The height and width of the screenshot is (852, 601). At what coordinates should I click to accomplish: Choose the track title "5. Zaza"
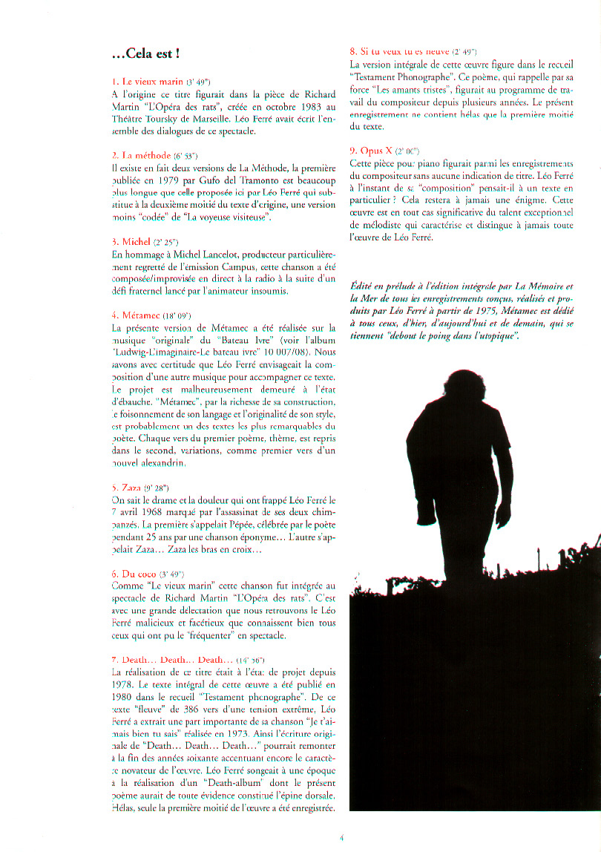click(x=126, y=487)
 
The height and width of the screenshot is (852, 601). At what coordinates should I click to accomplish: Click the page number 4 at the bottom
click(x=341, y=838)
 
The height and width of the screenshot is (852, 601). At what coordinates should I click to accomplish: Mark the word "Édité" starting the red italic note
click(x=364, y=285)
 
